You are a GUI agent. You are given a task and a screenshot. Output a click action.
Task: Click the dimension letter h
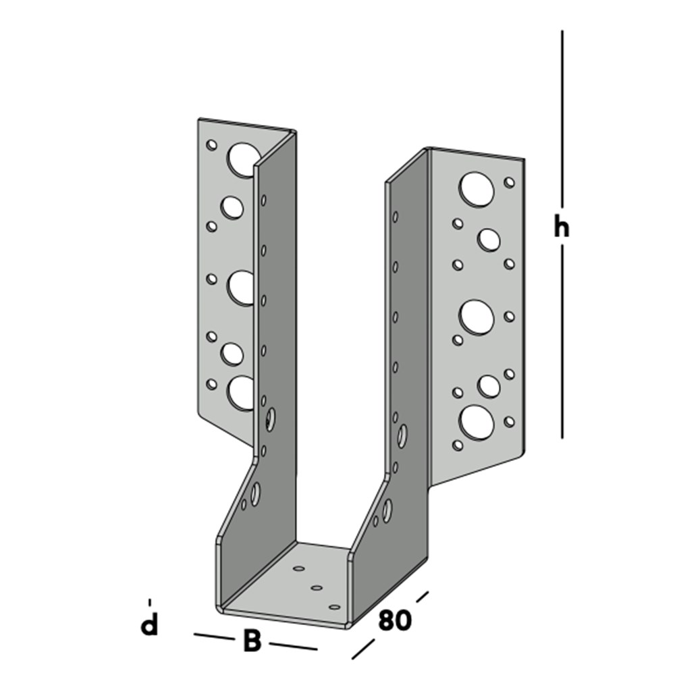click(x=561, y=228)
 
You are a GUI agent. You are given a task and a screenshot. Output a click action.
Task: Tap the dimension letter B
click(x=251, y=641)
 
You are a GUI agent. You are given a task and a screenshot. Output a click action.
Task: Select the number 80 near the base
click(x=394, y=620)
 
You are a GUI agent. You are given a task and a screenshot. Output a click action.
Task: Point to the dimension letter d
click(x=148, y=625)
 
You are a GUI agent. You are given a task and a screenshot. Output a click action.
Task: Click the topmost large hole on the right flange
click(x=477, y=189)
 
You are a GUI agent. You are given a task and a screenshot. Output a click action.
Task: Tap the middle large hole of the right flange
click(x=477, y=316)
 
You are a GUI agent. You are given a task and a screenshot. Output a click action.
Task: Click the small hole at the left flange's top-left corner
click(x=211, y=144)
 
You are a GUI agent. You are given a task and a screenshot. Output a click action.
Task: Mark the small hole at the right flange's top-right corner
click(x=510, y=182)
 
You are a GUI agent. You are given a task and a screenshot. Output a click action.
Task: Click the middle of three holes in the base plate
click(x=315, y=589)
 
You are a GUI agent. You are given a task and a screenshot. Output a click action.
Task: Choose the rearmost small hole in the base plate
click(x=298, y=569)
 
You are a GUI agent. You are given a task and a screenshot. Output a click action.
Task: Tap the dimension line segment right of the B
click(x=293, y=647)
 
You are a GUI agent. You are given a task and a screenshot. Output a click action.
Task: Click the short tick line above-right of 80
click(x=423, y=597)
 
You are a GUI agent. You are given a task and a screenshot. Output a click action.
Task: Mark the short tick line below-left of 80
click(x=362, y=650)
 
